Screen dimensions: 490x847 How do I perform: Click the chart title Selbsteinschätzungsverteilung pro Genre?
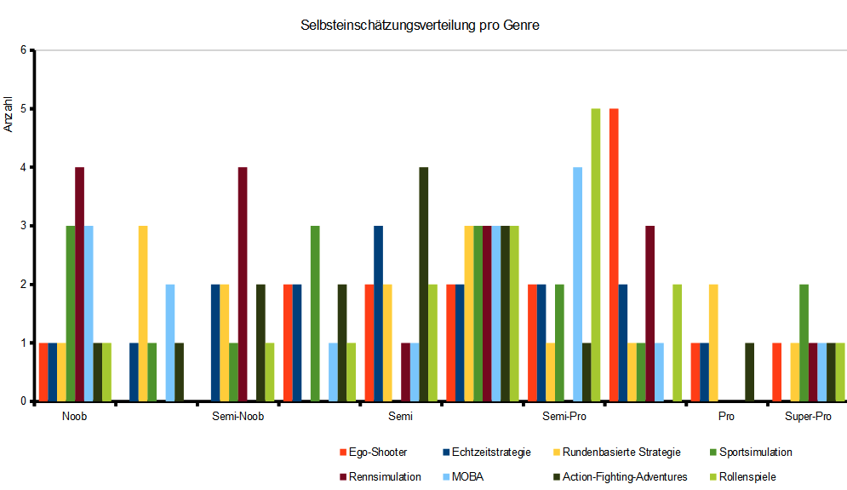tap(420, 26)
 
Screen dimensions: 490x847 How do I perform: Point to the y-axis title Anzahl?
tap(9, 116)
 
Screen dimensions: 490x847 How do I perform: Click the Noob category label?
tap(74, 418)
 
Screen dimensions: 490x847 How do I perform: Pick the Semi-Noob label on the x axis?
tap(238, 418)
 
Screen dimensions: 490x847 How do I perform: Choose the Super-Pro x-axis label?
tap(808, 418)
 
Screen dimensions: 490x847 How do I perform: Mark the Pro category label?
tap(726, 418)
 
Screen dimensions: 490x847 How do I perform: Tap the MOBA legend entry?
tap(468, 476)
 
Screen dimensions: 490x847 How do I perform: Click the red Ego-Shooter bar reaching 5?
tap(614, 255)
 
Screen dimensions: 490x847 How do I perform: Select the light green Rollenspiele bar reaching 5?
tap(596, 255)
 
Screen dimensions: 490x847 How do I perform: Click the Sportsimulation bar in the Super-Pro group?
tap(804, 343)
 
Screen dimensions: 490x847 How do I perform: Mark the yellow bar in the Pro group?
tap(713, 343)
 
